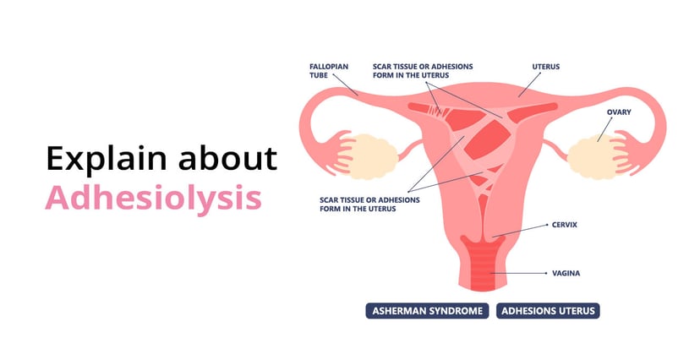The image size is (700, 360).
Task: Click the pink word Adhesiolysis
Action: click(152, 198)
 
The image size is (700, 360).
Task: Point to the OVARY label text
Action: click(619, 111)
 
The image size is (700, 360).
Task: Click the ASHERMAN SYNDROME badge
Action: click(428, 311)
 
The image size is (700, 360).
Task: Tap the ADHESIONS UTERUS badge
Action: click(548, 311)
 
